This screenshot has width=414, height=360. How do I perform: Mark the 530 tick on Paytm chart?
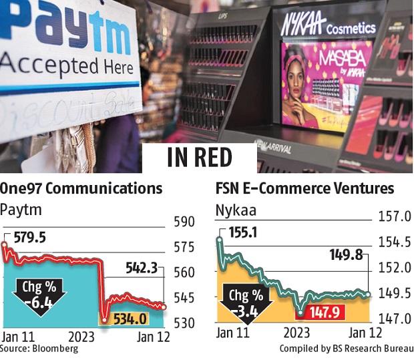[184, 323]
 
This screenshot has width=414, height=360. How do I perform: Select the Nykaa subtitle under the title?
[233, 210]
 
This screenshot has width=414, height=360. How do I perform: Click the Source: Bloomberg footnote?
[39, 349]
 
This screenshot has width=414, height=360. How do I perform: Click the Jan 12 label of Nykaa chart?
[366, 332]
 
